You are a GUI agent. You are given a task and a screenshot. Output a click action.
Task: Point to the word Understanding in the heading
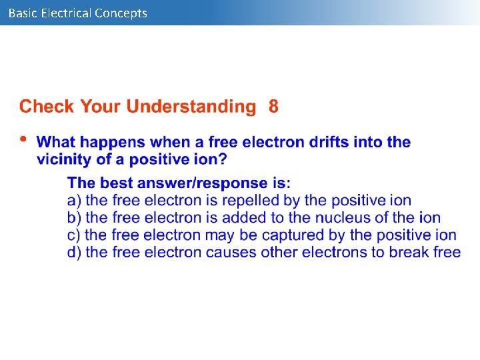tap(191, 107)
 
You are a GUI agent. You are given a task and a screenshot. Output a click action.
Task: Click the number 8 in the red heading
tap(273, 107)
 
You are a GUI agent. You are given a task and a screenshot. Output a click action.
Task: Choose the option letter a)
tap(75, 200)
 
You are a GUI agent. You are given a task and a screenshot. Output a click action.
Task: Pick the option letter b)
tap(75, 217)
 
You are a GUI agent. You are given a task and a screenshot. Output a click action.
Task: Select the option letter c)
tap(74, 235)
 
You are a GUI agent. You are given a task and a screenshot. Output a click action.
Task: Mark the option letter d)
tap(75, 252)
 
